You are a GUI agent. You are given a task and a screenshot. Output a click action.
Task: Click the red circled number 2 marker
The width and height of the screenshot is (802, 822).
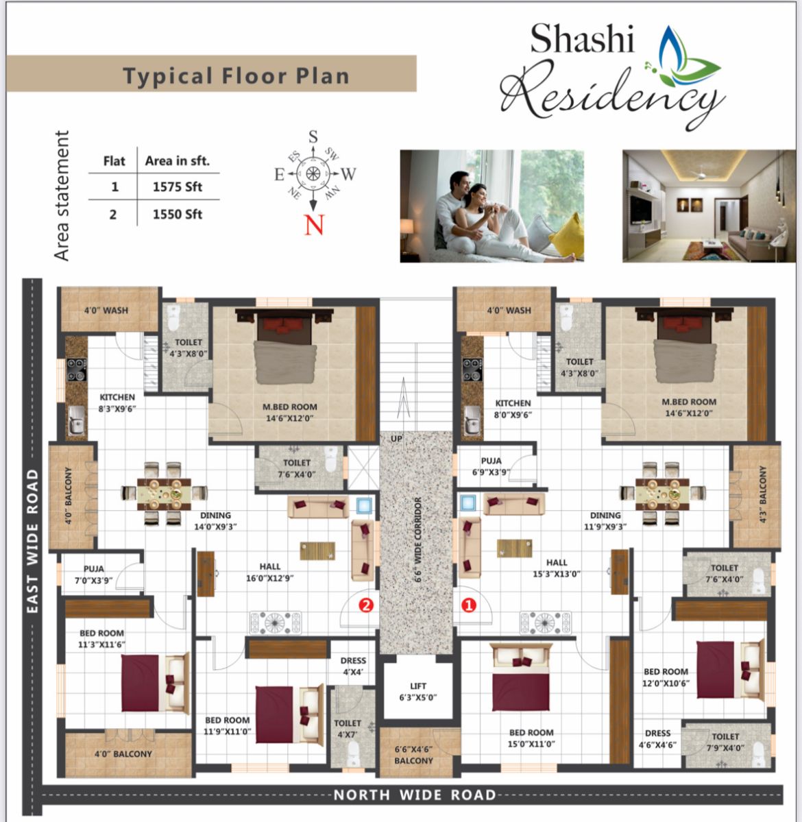(x=366, y=605)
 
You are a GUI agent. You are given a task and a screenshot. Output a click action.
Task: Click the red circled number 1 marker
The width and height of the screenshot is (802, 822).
(x=468, y=605)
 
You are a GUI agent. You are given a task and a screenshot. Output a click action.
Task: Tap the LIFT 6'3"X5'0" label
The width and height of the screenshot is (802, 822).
(x=417, y=692)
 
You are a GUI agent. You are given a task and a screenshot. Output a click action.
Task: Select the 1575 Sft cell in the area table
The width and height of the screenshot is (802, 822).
(x=177, y=186)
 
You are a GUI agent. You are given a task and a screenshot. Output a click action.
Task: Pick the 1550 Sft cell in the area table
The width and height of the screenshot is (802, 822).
(x=177, y=214)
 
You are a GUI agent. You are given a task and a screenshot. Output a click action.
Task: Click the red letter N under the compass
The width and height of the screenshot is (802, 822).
(x=314, y=225)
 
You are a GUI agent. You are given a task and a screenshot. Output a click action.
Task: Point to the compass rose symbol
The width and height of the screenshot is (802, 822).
(x=313, y=173)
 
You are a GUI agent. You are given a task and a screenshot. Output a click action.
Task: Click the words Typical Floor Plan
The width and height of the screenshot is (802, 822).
(x=236, y=76)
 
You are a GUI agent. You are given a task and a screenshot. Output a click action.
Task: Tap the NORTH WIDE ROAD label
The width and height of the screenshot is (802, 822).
(x=415, y=795)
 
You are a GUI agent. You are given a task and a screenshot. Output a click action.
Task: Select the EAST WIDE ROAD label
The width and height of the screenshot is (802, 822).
(x=32, y=540)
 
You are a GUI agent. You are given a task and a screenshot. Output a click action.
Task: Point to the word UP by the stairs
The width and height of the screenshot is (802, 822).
(x=397, y=438)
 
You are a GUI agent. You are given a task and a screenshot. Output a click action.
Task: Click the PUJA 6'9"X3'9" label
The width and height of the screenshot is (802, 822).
(x=491, y=466)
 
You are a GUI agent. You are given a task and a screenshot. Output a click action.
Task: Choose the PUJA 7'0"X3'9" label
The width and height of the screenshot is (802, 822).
(x=94, y=574)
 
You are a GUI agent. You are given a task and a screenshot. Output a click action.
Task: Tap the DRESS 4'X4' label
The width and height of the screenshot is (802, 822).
(x=353, y=666)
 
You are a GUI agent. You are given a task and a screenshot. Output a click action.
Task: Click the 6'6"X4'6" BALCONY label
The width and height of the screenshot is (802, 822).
(x=413, y=755)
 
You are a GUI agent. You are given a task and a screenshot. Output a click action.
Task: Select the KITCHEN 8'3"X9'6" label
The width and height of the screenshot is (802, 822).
(x=117, y=402)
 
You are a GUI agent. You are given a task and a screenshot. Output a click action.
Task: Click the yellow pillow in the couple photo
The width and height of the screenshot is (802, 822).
(x=567, y=235)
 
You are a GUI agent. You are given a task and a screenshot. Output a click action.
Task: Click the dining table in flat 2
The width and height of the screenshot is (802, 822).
(x=164, y=494)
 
